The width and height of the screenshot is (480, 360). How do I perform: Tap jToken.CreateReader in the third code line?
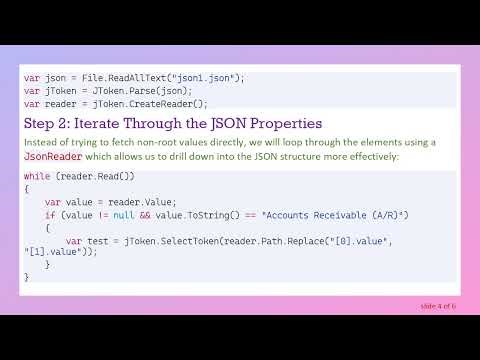(141, 103)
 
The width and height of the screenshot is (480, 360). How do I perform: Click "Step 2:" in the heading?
(49, 124)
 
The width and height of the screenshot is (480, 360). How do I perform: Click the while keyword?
(37, 176)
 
